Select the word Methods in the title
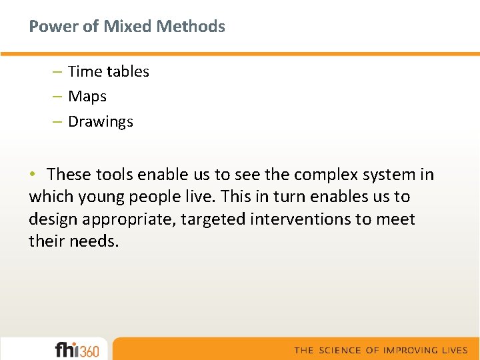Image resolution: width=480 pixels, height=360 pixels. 192,27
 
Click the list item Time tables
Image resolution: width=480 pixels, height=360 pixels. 109,71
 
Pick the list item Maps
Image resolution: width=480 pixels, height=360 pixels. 87,97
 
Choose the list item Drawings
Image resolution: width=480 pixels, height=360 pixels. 101,122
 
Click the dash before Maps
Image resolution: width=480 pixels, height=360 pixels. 57,97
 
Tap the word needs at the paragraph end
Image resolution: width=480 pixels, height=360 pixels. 93,242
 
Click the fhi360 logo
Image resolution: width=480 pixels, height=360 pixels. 77,349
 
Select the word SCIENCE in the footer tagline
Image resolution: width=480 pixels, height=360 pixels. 339,350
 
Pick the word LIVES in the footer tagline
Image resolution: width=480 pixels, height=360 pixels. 453,350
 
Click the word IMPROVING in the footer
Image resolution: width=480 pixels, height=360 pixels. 409,350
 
